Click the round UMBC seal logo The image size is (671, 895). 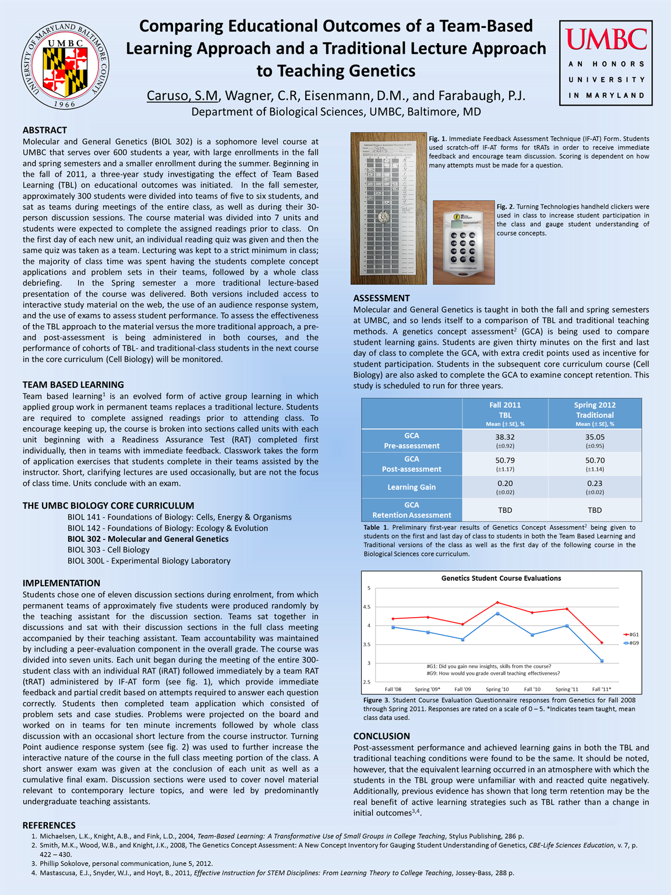pos(65,65)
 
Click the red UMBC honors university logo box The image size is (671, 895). pos(606,63)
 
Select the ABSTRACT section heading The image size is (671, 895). pos(45,130)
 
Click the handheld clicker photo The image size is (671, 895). pos(464,242)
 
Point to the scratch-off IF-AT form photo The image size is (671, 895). pos(389,209)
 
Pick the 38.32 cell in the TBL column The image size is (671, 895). pos(505,441)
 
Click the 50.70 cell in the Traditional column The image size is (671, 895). pos(595,464)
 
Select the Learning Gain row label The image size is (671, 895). pos(411,487)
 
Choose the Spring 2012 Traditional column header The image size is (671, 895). pos(595,414)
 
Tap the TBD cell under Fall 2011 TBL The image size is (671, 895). pos(505,510)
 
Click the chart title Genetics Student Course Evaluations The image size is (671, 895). pos(501,578)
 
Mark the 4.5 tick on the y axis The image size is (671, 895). pos(367,607)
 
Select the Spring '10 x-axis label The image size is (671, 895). pos(497,689)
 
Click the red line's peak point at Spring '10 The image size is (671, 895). pos(497,602)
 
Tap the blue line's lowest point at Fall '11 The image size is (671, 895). pos(602,661)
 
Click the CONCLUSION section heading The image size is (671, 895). pos(382,736)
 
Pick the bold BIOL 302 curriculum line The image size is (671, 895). pos(148,539)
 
